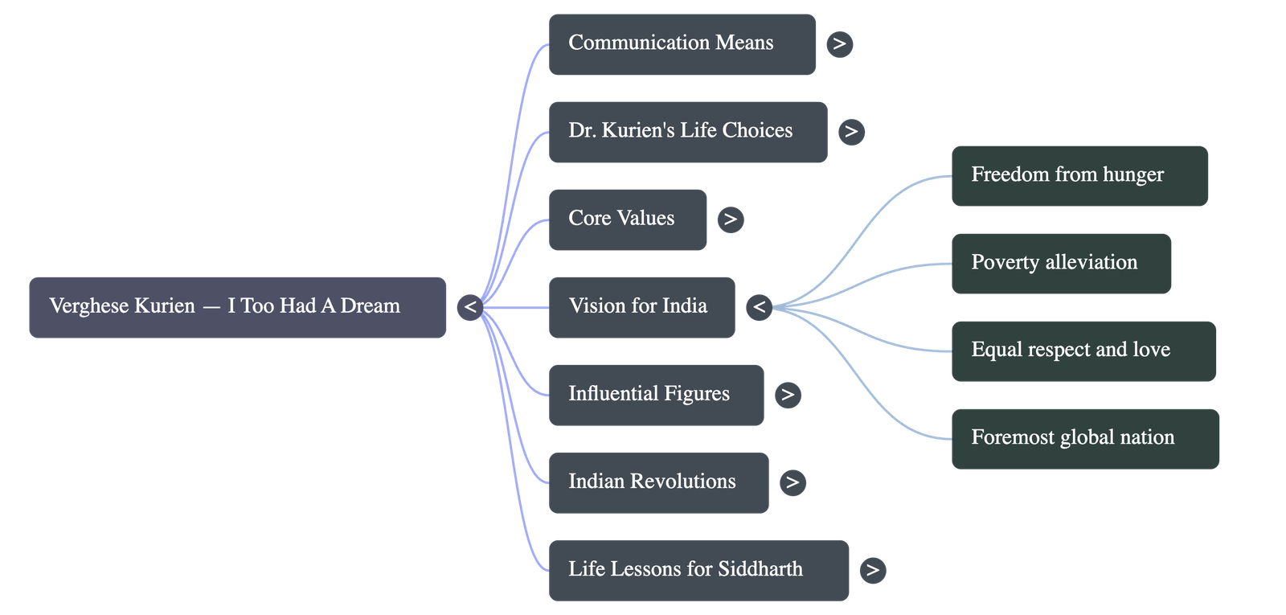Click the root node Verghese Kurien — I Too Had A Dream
pyautogui.click(x=237, y=307)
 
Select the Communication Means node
pyautogui.click(x=682, y=44)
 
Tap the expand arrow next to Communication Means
pyautogui.click(x=839, y=44)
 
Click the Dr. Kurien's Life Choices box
pyautogui.click(x=687, y=132)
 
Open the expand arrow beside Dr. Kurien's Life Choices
pyautogui.click(x=851, y=132)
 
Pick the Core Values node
pyautogui.click(x=628, y=219)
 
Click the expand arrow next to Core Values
pyautogui.click(x=730, y=219)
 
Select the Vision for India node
pyautogui.click(x=641, y=307)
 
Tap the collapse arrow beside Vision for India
pyautogui.click(x=759, y=307)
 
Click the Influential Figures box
pyautogui.click(x=656, y=395)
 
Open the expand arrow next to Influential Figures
pyautogui.click(x=788, y=395)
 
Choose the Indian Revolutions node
pyautogui.click(x=658, y=482)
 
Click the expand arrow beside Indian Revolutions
pyautogui.click(x=792, y=482)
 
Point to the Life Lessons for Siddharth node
pyautogui.click(x=698, y=570)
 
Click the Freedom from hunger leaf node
pyautogui.click(x=1079, y=176)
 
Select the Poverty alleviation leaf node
pyautogui.click(x=1061, y=264)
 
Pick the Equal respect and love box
pyautogui.click(x=1083, y=351)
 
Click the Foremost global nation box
pyautogui.click(x=1085, y=439)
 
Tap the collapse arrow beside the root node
pyautogui.click(x=469, y=307)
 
